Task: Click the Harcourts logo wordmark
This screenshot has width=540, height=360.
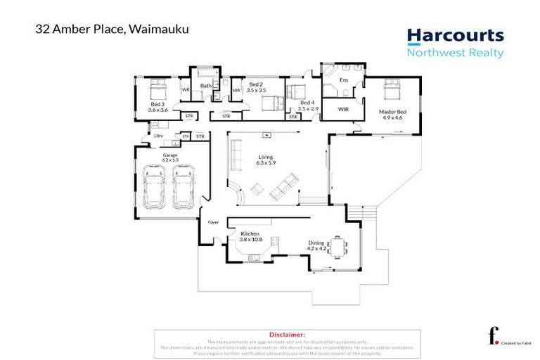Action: (x=456, y=36)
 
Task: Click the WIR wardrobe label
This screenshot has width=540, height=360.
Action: (x=344, y=110)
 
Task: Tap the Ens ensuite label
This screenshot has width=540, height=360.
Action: (x=344, y=80)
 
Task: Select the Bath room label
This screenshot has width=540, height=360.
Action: (x=206, y=86)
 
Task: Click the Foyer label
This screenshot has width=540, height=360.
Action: (x=213, y=222)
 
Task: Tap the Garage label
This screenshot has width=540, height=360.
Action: (x=170, y=156)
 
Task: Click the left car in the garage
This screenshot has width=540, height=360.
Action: (x=155, y=187)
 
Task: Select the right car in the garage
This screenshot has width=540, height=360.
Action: (x=184, y=187)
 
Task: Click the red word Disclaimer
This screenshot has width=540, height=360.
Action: (x=287, y=335)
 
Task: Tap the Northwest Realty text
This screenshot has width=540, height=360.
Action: (x=456, y=53)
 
